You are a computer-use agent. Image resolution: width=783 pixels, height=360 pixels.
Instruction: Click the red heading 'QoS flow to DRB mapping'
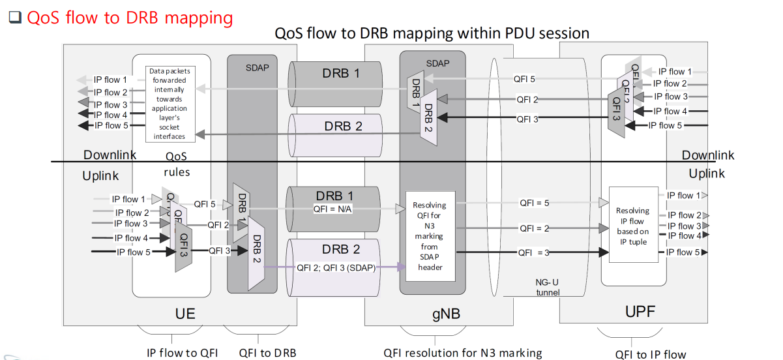[129, 17]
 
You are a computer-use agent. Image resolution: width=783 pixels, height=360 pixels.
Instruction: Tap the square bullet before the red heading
[15, 18]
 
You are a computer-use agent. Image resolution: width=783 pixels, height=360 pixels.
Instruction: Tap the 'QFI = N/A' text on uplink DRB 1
[333, 209]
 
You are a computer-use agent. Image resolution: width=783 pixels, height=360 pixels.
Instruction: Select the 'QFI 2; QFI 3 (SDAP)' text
[338, 267]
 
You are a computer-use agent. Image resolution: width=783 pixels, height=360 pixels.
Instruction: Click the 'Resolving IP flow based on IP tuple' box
[632, 225]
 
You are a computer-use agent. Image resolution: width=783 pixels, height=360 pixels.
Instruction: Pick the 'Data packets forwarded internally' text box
[168, 103]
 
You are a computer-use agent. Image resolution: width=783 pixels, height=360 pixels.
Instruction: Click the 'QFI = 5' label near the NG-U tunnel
[534, 203]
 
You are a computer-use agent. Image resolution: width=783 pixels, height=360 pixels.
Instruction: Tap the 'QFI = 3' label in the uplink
[534, 252]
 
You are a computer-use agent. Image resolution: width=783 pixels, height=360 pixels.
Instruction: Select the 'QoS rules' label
[177, 164]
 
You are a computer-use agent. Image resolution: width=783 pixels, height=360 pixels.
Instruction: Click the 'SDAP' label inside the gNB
[437, 63]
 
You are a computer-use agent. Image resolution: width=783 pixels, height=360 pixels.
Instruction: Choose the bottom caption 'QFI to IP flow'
[650, 354]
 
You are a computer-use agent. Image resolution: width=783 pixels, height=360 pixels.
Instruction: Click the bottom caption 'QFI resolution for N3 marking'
[462, 353]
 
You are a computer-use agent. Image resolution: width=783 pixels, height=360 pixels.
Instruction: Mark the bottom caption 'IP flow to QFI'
[182, 353]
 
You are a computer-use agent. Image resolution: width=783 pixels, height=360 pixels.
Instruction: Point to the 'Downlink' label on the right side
[707, 155]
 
